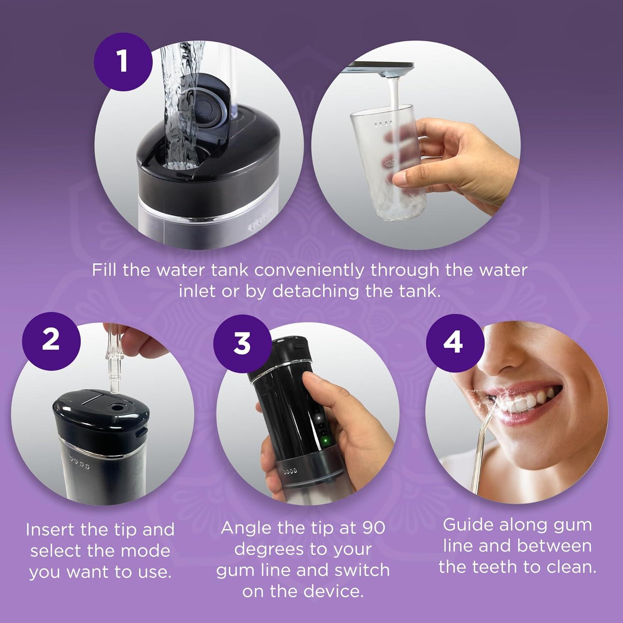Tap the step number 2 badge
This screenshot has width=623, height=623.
(x=51, y=341)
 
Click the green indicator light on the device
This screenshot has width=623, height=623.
(x=326, y=440)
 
